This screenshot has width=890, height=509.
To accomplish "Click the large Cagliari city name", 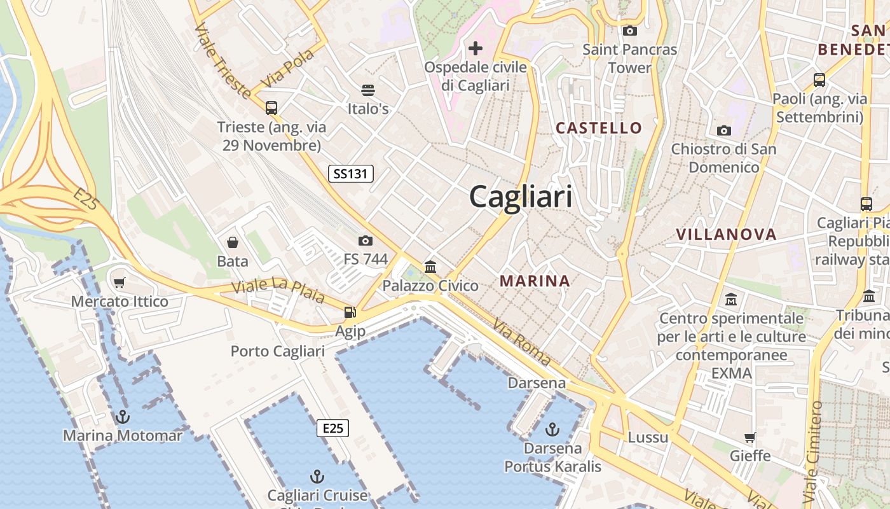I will pos(521,197).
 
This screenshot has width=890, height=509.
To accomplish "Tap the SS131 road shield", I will pos(351,174).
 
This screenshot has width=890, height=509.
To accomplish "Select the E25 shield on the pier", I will pos(332,428).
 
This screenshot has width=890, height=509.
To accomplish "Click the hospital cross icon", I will pos(476,48).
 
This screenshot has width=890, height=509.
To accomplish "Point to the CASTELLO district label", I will pos(599,128).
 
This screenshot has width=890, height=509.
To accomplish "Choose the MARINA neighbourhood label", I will pos(535,281).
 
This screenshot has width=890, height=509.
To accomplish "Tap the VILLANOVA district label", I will pos(726,234).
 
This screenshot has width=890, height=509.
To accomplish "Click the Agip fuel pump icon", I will pos(350,312).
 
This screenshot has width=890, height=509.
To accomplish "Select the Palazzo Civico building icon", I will pos(430,267).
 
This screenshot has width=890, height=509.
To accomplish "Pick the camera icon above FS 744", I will pos(365,241).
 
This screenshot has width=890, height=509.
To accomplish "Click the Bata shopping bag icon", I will pos(233,242).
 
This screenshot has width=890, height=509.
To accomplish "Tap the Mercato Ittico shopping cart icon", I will pos(120,282).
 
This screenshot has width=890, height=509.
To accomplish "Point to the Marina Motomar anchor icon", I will pos(122,417).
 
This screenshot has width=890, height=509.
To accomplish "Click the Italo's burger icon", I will pos(368,90).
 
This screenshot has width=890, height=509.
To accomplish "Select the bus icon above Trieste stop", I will pos(271,108).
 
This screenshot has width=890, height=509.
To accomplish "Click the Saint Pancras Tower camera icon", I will pos(630,31).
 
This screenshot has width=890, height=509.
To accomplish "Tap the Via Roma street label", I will pos(521,342).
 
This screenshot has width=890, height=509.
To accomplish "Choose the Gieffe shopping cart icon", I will pos(750,438).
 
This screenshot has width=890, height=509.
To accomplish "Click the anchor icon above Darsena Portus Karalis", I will pos(552,429).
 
